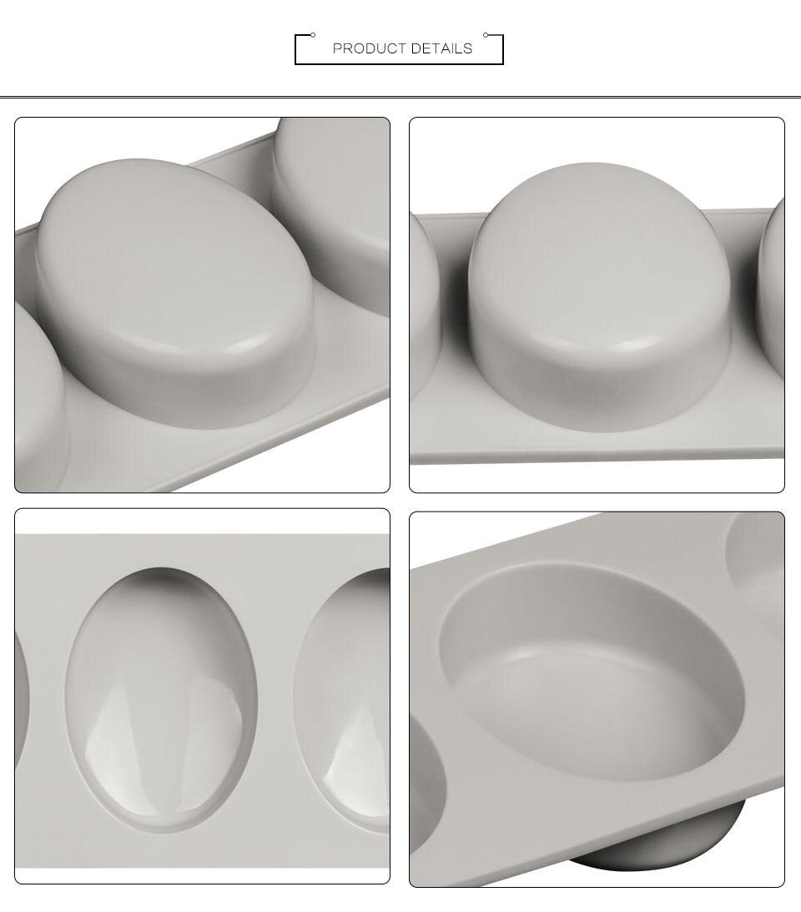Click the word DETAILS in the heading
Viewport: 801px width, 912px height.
click(441, 48)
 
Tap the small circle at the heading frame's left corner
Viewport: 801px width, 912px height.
click(313, 35)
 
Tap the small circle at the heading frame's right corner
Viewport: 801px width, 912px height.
click(486, 35)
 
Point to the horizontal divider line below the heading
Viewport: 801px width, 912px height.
click(400, 98)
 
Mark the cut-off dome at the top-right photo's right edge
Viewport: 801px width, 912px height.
click(773, 284)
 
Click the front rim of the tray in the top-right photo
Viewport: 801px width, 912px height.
click(597, 456)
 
